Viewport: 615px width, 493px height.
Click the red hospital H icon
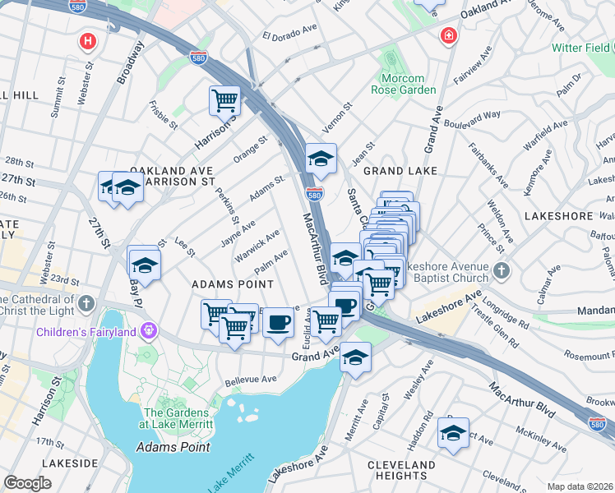(86, 40)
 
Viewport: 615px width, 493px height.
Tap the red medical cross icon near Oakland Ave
(448, 36)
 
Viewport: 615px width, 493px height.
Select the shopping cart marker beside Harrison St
(224, 101)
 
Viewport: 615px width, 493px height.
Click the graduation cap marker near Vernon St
(321, 159)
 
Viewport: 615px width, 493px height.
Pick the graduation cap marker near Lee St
(144, 265)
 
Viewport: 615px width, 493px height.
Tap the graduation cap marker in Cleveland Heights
(452, 432)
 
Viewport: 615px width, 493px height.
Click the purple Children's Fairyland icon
(148, 332)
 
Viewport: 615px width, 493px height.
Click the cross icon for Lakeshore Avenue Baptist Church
(501, 271)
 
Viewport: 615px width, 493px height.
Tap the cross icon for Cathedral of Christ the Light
(86, 305)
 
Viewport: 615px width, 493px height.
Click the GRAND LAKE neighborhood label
(394, 171)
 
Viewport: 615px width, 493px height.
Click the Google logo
(27, 483)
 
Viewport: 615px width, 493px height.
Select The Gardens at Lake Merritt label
(178, 418)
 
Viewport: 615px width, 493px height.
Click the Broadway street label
(130, 62)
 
